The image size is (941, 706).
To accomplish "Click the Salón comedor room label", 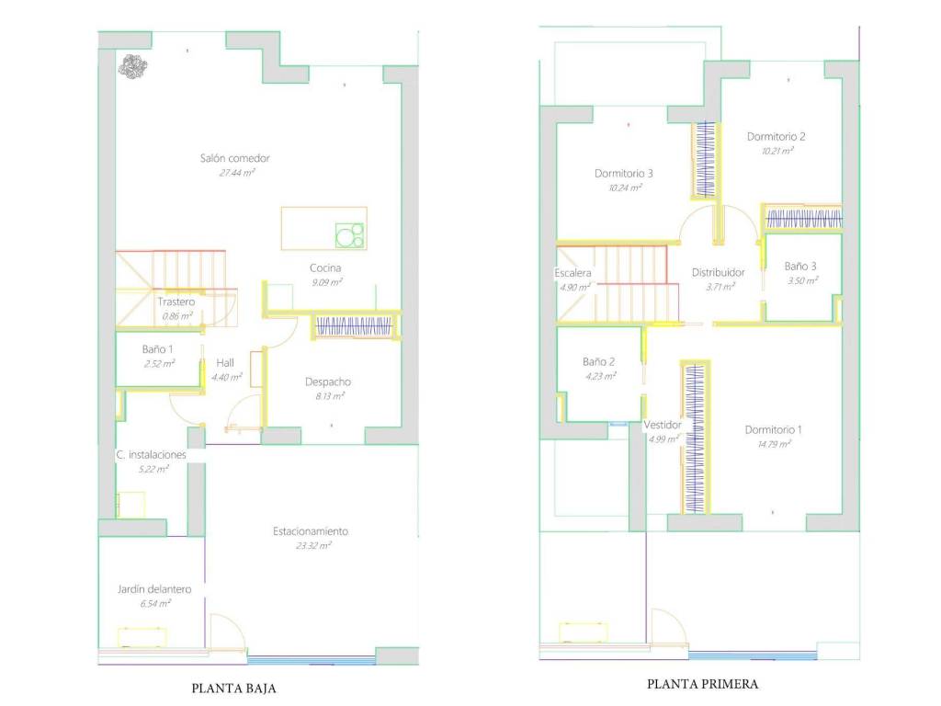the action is pyautogui.click(x=234, y=158).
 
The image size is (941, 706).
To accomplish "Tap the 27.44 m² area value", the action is pyautogui.click(x=236, y=173).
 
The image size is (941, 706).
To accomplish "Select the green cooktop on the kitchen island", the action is pyautogui.click(x=350, y=234).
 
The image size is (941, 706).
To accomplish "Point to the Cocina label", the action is pyautogui.click(x=325, y=268).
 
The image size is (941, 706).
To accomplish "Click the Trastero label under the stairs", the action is pyautogui.click(x=176, y=302).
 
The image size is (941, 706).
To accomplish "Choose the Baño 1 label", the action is pyautogui.click(x=157, y=348).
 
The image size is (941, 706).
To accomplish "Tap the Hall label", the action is pyautogui.click(x=225, y=362).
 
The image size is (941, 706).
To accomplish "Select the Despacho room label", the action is pyautogui.click(x=328, y=381).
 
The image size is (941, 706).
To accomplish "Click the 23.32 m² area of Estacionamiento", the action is pyautogui.click(x=312, y=546).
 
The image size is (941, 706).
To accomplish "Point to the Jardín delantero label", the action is pyautogui.click(x=154, y=589).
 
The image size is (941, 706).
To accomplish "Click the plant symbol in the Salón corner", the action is pyautogui.click(x=132, y=66).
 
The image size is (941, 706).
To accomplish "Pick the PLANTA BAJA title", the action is pyautogui.click(x=233, y=689).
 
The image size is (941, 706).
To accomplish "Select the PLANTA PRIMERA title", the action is pyautogui.click(x=702, y=684).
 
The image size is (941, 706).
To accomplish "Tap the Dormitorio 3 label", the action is pyautogui.click(x=624, y=174).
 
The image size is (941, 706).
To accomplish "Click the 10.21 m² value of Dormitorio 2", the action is pyautogui.click(x=777, y=151).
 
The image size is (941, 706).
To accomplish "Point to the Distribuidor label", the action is pyautogui.click(x=718, y=272).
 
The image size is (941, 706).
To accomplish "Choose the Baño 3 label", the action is pyautogui.click(x=800, y=267).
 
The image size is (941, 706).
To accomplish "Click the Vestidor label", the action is pyautogui.click(x=663, y=425).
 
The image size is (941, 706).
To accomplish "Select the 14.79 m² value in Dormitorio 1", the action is pyautogui.click(x=774, y=444).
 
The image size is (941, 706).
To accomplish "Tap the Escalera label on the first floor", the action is pyautogui.click(x=573, y=273).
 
